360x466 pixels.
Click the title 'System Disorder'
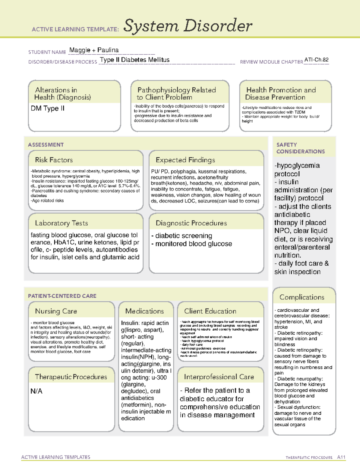pos(187,26)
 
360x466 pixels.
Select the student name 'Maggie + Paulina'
pos(94,50)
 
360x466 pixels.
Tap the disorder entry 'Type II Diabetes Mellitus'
pos(135,60)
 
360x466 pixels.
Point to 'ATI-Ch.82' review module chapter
pos(316,60)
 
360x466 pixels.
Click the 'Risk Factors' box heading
pos(54,160)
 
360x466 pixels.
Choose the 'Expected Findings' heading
pos(185,160)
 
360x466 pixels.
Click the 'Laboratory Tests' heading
pos(61,223)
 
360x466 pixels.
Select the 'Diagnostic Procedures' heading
pos(191,223)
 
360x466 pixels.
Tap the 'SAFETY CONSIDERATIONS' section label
pos(300,148)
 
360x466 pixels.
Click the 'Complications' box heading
pos(302,297)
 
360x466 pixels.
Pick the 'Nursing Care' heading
pos(56,311)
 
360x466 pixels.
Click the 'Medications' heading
pos(145,311)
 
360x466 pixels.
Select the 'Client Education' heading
pos(210,311)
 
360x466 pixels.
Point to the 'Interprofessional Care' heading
pos(219,377)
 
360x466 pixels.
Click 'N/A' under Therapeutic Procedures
pos(37,391)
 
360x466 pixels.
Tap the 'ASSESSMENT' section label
pos(46,145)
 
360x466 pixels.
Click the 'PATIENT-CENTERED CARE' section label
pos(62,296)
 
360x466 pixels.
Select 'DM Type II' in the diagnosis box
pos(48,108)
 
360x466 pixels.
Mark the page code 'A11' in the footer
pos(341,457)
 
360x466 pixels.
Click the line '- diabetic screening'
pos(182,236)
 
